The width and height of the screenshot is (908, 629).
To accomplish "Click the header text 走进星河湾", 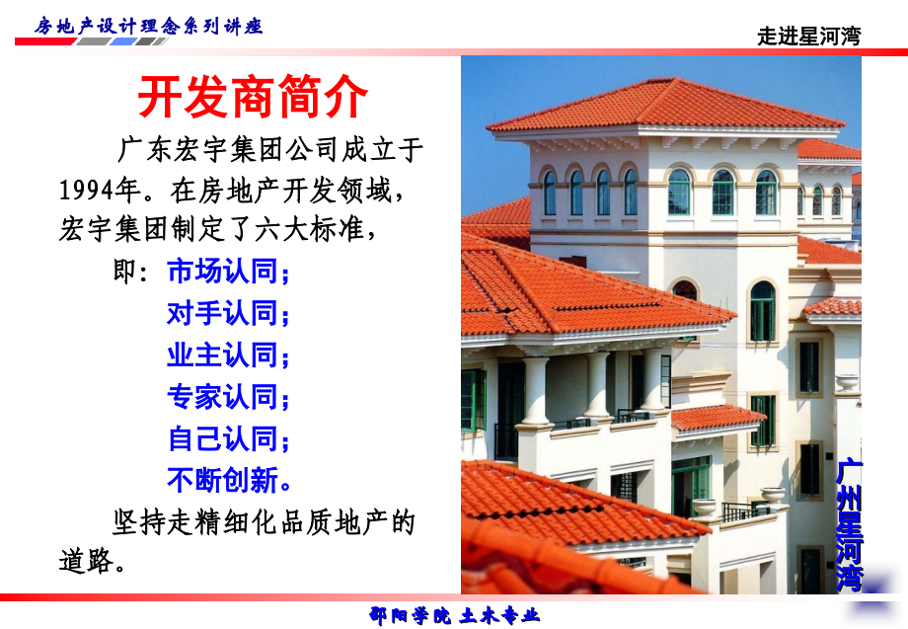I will pos(808,37).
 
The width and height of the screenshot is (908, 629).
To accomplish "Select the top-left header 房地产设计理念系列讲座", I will pos(148,26).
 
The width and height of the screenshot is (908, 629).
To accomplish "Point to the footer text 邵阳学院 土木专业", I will pos(454,615).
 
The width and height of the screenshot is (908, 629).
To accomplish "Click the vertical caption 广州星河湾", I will pos(848,524).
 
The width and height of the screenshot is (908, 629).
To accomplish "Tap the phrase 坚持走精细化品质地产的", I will pos(265,520).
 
